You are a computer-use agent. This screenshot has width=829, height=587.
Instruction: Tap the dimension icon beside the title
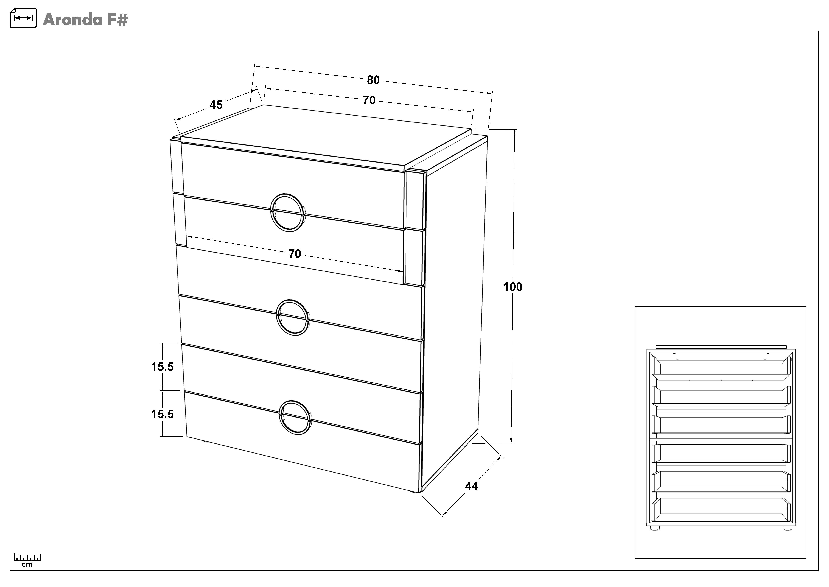tap(23, 18)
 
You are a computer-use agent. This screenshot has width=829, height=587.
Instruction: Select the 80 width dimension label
tap(373, 80)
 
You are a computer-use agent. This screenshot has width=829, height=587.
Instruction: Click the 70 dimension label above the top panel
tap(369, 100)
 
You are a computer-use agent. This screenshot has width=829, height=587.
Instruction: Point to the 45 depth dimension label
tap(216, 105)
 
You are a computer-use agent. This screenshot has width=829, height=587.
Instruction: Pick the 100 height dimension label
tap(513, 287)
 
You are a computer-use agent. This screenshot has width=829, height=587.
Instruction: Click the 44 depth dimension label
tap(472, 486)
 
